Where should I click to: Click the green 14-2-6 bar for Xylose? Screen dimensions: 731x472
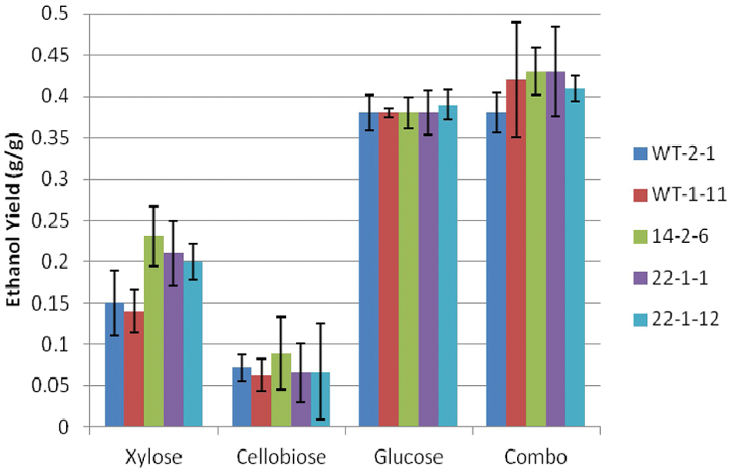(154, 331)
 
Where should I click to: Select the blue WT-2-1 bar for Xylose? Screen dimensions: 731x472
(115, 365)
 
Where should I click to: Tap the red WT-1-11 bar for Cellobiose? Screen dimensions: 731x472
(262, 401)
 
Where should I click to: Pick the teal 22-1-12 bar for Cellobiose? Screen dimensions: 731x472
(320, 399)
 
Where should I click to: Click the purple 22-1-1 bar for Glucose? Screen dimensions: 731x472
(429, 270)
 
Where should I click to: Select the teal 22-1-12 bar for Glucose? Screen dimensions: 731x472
(448, 266)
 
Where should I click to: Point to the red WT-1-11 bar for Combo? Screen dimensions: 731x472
(516, 253)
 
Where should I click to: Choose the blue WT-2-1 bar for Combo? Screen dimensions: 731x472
(496, 270)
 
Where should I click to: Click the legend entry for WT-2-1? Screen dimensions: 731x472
(673, 153)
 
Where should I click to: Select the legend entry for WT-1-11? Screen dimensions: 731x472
(679, 194)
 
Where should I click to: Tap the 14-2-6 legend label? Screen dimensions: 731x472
(680, 236)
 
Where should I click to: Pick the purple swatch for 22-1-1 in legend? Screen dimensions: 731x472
(640, 278)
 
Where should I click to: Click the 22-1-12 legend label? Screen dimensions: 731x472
(686, 319)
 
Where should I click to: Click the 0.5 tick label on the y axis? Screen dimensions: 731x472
(55, 14)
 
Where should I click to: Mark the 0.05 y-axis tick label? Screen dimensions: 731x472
(49, 386)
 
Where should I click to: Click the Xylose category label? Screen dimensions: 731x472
(153, 457)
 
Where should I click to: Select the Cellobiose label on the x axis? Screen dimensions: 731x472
(281, 457)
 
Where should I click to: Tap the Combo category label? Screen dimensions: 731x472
(536, 457)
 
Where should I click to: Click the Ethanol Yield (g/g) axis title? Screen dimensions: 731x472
(14, 219)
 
